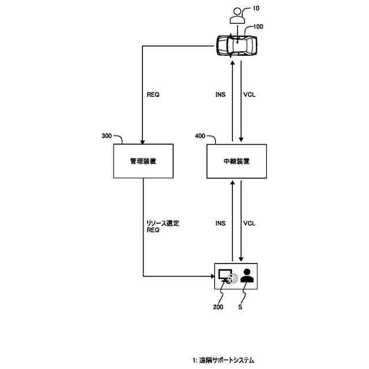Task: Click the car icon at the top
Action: pos(236,45)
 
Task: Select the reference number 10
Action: pos(257,9)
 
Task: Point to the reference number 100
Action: pos(258,27)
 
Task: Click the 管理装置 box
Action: pos(144,161)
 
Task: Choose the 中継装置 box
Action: pos(236,161)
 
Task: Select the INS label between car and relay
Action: pos(220,95)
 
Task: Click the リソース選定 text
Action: pos(163,223)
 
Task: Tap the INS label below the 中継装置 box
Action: pos(220,223)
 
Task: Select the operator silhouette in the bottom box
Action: pos(247,276)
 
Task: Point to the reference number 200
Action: pos(217,308)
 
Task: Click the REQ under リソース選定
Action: pos(153,229)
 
